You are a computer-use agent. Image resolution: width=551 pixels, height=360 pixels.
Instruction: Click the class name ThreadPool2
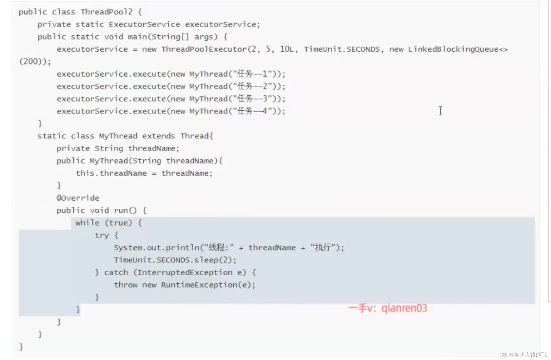[x=106, y=12]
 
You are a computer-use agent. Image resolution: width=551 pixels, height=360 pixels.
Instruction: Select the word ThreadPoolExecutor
[x=204, y=49]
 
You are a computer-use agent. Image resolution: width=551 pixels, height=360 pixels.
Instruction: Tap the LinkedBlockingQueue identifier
[x=453, y=49]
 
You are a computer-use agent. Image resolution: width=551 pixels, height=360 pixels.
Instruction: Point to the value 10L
[x=287, y=49]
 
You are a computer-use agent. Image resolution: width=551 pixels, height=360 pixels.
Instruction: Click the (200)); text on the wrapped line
[x=35, y=61]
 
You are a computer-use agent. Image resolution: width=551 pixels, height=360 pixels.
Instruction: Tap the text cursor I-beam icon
[x=440, y=111]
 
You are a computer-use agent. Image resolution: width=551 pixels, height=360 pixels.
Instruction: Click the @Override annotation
[x=78, y=198]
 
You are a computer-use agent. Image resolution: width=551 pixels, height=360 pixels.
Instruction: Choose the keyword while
[x=87, y=223]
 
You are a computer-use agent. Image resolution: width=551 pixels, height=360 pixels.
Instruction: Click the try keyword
[x=102, y=235]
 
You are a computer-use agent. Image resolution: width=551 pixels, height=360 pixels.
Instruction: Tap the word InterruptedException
[x=185, y=272]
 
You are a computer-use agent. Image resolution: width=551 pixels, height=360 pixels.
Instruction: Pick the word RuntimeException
[x=199, y=285]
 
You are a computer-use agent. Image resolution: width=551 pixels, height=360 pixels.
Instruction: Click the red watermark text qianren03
[x=404, y=308]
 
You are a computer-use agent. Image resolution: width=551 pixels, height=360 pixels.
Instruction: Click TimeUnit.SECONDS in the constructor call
[x=342, y=49]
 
